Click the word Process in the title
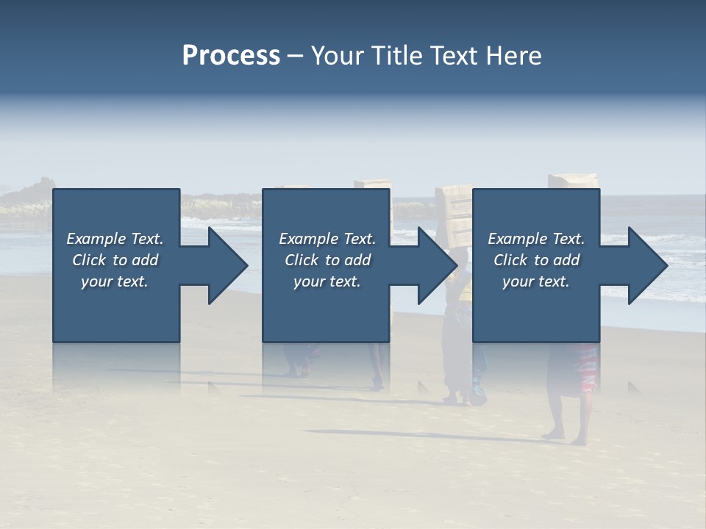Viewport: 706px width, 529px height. tap(231, 56)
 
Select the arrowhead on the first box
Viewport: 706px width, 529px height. tap(224, 265)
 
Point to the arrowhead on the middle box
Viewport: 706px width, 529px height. tap(434, 265)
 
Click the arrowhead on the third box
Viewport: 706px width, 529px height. tap(644, 265)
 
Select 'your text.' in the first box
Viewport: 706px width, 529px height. tap(115, 281)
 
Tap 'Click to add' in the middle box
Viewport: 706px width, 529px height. tap(327, 260)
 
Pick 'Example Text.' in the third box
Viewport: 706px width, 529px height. tap(536, 239)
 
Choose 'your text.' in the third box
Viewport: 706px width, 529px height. tap(536, 281)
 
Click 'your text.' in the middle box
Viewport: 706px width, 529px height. tap(327, 281)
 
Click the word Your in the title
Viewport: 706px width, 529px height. tap(335, 56)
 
